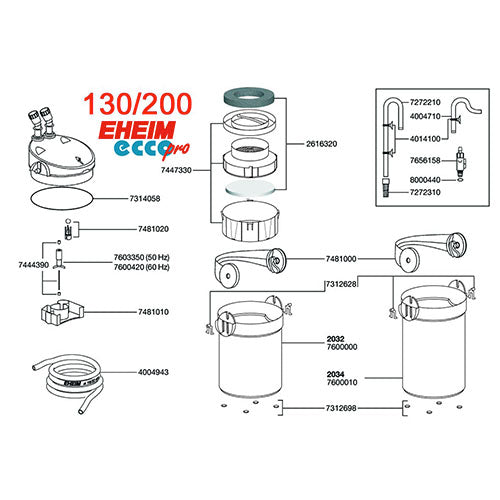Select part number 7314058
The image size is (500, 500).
point(150,198)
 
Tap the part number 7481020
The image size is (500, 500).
point(150,229)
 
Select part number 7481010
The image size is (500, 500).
point(150,312)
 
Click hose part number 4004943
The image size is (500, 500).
point(150,371)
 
